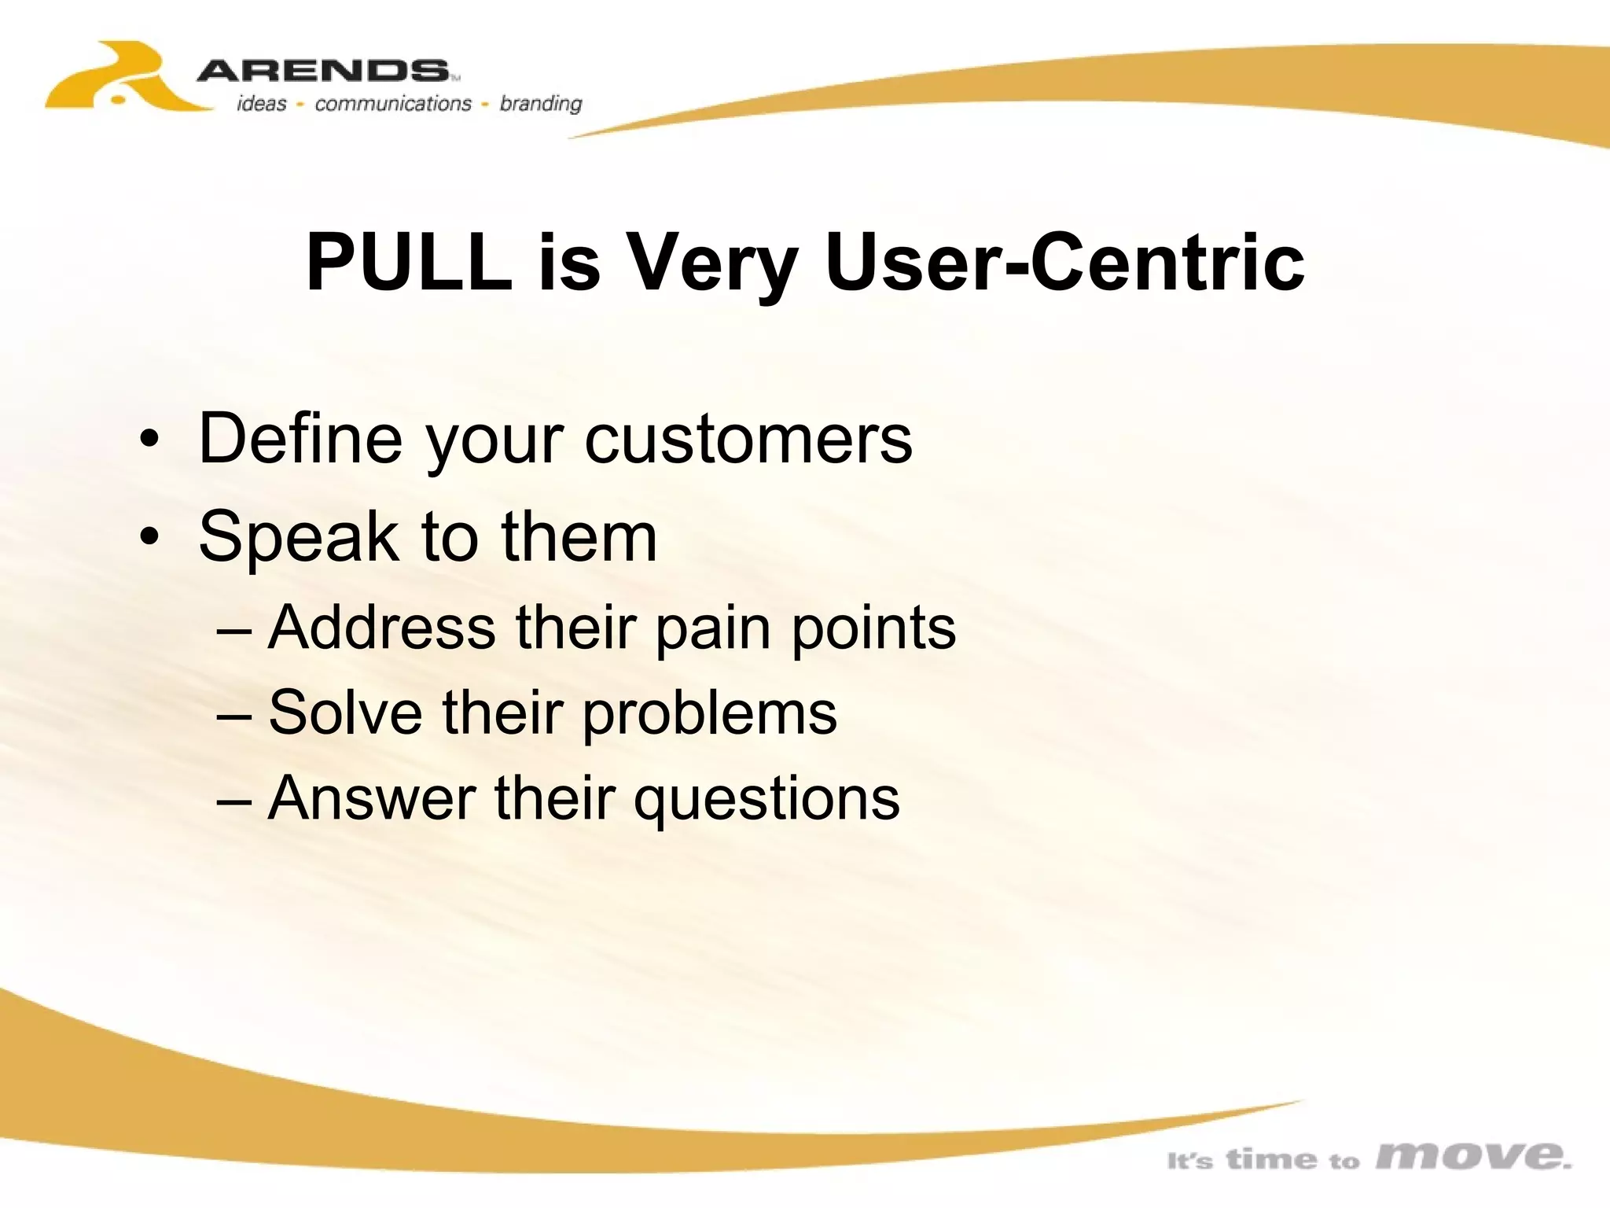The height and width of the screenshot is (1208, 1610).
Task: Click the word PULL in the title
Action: (x=409, y=262)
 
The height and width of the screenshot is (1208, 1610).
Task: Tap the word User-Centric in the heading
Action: (x=1064, y=262)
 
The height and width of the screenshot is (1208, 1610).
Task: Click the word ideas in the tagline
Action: (x=261, y=103)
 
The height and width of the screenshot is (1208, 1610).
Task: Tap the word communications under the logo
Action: (x=393, y=103)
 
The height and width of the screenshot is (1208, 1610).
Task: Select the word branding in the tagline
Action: (x=541, y=104)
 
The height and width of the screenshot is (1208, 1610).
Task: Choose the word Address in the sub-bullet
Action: (x=382, y=628)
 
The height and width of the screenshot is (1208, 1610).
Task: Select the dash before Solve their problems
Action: (x=234, y=714)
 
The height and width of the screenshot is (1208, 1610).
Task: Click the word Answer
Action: (x=372, y=798)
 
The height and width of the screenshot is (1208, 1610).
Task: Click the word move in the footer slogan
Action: (x=1473, y=1155)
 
